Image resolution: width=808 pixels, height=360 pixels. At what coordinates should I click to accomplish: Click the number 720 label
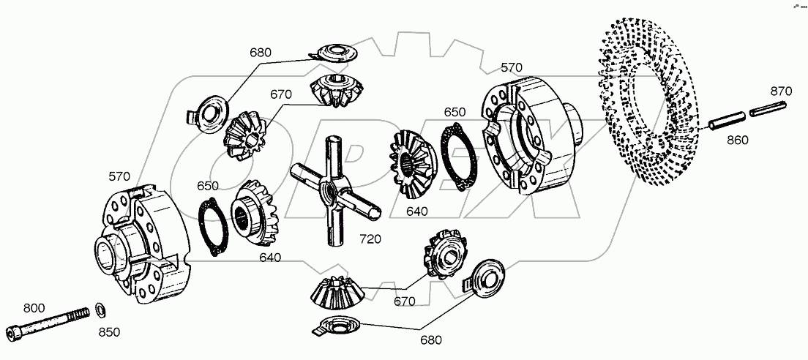point(371,240)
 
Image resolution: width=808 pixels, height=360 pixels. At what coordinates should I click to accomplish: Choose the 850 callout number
point(109,332)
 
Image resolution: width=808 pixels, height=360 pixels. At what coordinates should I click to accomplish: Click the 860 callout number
point(738,140)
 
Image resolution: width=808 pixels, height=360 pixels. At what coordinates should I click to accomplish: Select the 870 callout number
point(781,91)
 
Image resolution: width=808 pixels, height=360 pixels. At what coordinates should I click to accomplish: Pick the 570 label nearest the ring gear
point(512,68)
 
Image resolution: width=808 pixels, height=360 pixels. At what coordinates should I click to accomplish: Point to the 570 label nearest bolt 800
point(119,176)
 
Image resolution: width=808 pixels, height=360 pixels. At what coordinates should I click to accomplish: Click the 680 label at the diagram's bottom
point(430,340)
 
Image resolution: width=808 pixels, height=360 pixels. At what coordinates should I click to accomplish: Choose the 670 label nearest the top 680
point(280,94)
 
